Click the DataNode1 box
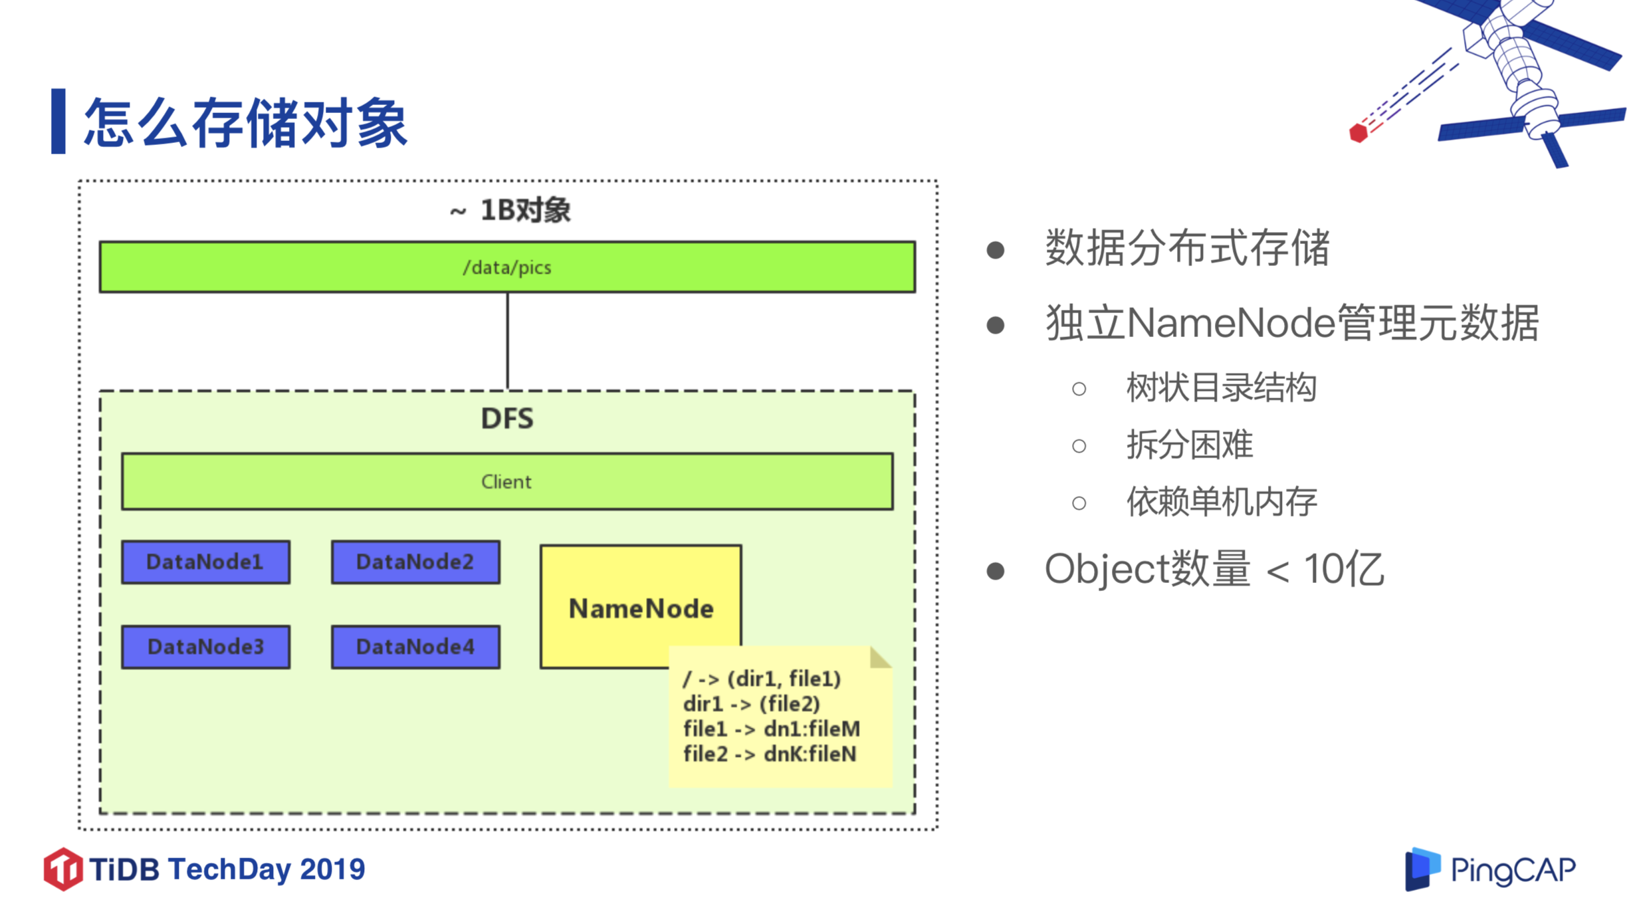[x=205, y=562]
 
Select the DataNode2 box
[x=415, y=562]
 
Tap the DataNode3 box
[x=205, y=647]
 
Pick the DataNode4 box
[x=415, y=647]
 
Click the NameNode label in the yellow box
[x=641, y=609]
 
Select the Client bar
[x=507, y=482]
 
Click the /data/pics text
[x=507, y=267]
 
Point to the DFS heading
[x=507, y=419]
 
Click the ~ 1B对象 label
[x=510, y=211]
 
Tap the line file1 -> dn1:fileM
[x=771, y=729]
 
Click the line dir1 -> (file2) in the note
[x=751, y=704]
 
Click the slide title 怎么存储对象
[x=245, y=123]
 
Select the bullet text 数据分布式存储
[x=1187, y=248]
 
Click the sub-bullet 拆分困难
[x=1190, y=445]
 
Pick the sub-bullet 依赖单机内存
[x=1222, y=502]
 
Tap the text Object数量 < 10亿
[x=1214, y=570]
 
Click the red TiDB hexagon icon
[x=63, y=869]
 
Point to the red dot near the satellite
[x=1358, y=133]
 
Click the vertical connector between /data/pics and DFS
[x=508, y=341]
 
